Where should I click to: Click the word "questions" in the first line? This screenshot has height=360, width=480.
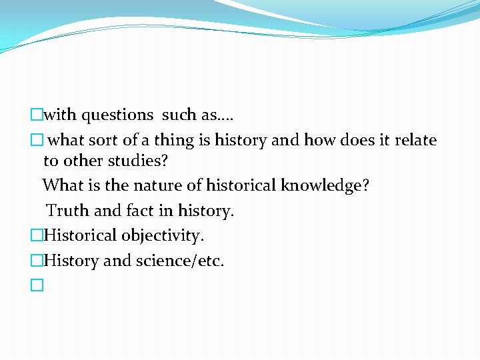pyautogui.click(x=117, y=115)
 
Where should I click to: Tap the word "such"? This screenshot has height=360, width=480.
pyautogui.click(x=179, y=115)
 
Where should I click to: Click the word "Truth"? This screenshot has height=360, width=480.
pyautogui.click(x=68, y=211)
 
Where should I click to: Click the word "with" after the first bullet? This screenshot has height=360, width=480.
pyautogui.click(x=60, y=115)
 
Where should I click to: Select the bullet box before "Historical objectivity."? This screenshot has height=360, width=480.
pyautogui.click(x=37, y=236)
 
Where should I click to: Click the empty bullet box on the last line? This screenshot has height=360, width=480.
pyautogui.click(x=37, y=285)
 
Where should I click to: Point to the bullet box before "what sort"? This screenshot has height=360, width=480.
pyautogui.click(x=37, y=140)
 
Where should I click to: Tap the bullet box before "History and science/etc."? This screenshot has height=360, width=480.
pyautogui.click(x=37, y=261)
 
